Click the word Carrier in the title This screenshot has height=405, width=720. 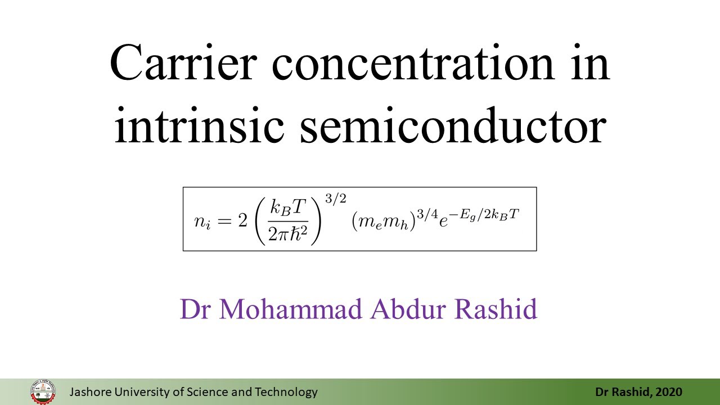183,62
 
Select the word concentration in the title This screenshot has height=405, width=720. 413,62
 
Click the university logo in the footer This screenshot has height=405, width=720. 43,392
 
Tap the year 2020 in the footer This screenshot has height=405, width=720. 669,392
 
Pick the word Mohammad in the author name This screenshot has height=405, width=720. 290,309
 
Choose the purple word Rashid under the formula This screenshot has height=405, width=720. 496,309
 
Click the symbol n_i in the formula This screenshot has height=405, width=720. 202,222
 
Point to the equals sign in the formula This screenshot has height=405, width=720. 224,221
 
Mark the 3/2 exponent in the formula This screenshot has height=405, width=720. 336,199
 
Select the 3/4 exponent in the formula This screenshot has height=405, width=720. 427,214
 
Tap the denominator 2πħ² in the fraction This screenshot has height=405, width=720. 287,233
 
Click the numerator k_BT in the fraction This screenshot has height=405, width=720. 287,208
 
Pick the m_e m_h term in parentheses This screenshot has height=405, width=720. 384,222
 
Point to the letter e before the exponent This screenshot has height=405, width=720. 444,222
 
